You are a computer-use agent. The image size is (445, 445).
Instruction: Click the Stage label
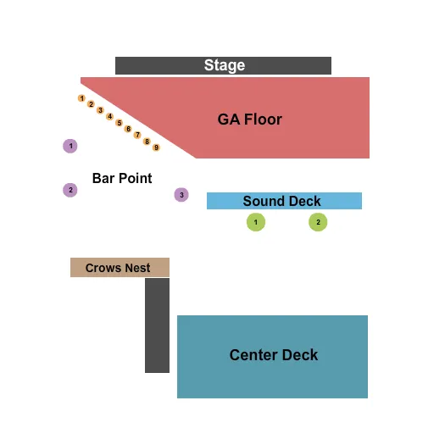[224, 65]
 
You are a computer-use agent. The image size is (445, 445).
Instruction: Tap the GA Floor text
[249, 120]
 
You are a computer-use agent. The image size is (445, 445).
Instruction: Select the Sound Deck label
[281, 201]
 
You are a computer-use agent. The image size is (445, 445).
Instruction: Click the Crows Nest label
[118, 268]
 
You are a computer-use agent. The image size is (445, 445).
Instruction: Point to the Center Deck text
[273, 355]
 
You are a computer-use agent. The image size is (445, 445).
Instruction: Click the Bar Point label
[122, 178]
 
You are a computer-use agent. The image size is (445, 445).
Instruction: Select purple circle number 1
[71, 146]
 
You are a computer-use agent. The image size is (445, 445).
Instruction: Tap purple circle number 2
[70, 190]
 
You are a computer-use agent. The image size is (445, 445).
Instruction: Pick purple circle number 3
[181, 195]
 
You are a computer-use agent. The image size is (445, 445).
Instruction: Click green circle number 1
[255, 222]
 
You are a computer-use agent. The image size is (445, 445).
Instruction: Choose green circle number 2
[318, 222]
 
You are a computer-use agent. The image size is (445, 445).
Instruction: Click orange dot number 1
[81, 98]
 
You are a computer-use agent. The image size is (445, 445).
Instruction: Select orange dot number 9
[156, 147]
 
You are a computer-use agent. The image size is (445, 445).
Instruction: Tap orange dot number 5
[119, 123]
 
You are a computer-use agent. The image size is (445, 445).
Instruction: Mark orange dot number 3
[100, 110]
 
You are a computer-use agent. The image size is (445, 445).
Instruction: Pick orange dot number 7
[137, 135]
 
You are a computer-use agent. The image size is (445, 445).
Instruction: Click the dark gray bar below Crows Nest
[157, 325]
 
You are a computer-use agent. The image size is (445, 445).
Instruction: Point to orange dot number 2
[91, 104]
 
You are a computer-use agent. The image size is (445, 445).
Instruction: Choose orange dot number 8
[147, 142]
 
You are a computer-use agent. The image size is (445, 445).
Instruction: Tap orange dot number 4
[109, 116]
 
